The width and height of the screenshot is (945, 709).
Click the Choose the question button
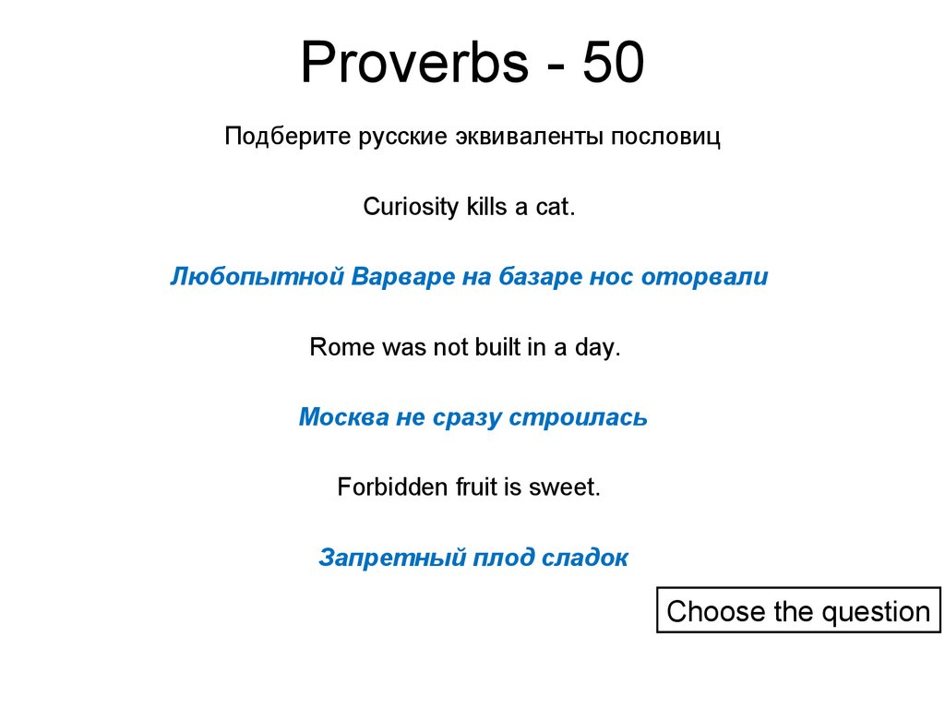coord(798,611)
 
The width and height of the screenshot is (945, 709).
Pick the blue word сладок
coord(585,558)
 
